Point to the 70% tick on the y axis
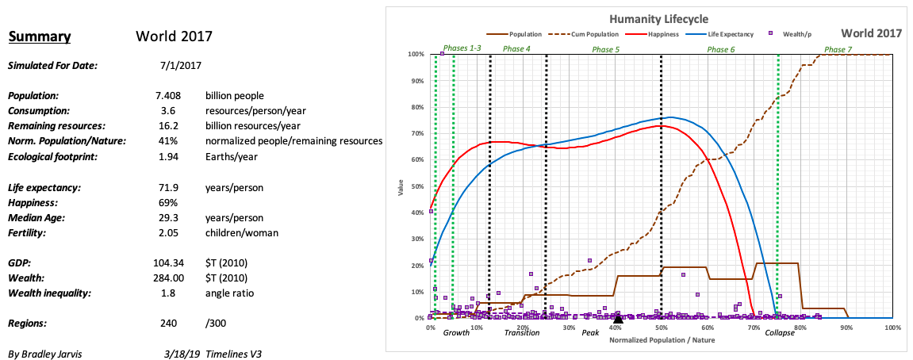[416, 133]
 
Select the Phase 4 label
[516, 49]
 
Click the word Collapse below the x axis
[779, 332]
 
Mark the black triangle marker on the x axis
[619, 318]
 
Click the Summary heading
[40, 36]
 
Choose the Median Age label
[36, 217]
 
